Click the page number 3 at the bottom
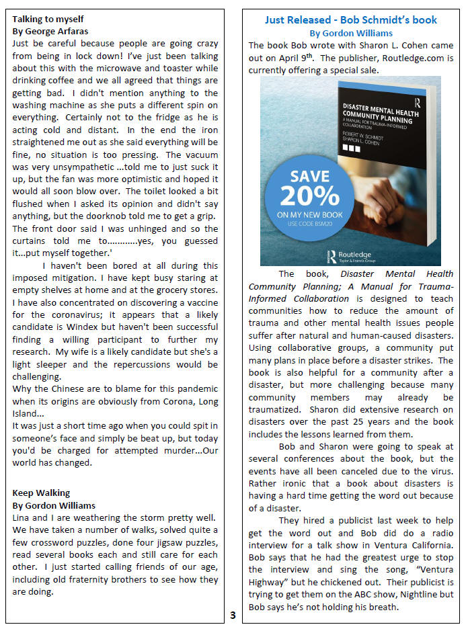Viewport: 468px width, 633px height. (232, 615)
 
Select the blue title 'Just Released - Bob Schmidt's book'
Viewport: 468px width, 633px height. (350, 20)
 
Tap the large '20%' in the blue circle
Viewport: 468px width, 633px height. (309, 195)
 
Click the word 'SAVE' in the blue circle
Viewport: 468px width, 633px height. (309, 177)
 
